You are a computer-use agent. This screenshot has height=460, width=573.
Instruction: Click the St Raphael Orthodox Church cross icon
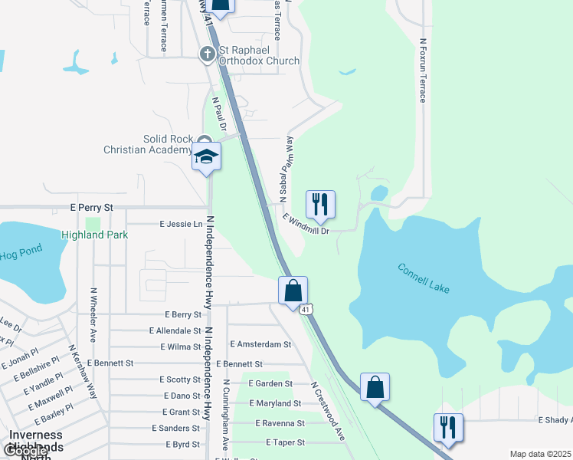point(207,54)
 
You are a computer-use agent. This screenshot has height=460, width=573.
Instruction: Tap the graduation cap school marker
point(206,157)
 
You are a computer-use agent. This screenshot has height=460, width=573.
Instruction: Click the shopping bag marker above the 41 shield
point(293,291)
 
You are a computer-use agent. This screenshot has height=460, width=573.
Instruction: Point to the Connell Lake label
point(424,278)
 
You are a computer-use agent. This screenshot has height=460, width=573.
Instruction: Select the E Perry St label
point(91,208)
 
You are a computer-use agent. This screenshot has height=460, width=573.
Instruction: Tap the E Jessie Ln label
point(181,224)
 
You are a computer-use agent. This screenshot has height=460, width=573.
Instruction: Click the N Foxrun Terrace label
point(422,71)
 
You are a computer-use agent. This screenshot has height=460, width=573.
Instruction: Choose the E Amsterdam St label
point(260,345)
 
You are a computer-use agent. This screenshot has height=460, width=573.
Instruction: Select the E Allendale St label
point(175,330)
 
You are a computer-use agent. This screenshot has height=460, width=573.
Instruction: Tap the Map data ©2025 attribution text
point(539,454)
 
